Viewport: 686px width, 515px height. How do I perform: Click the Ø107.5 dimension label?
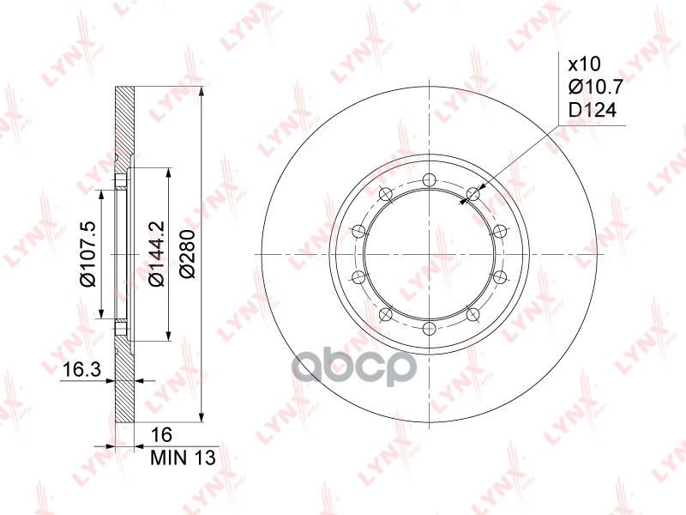[87, 255]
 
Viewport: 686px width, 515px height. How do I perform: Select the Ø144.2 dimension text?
[156, 255]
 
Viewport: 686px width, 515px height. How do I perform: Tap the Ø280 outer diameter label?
[188, 255]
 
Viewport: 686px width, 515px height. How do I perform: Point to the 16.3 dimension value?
[82, 370]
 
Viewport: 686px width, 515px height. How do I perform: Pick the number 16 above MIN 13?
[160, 435]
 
